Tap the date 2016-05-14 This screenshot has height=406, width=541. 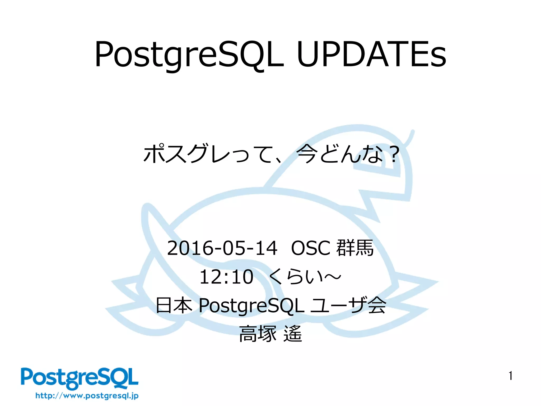tap(222, 248)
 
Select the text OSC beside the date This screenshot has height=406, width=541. tap(311, 248)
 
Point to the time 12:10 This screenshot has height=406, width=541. tap(226, 277)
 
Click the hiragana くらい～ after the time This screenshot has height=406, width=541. tap(305, 277)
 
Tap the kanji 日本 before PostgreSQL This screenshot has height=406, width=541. tap(174, 305)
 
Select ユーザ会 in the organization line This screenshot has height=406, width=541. tap(348, 305)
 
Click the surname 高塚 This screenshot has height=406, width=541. tap(258, 334)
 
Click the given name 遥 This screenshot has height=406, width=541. tap(293, 334)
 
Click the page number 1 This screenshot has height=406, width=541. tap(511, 376)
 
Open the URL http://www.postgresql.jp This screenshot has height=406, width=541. tap(87, 396)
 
